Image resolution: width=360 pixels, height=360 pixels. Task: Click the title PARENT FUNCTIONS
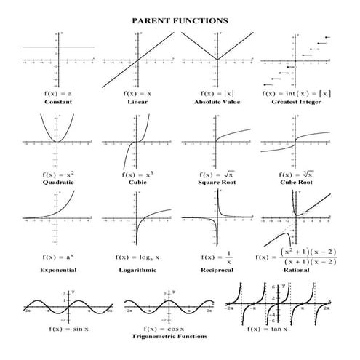click(x=180, y=20)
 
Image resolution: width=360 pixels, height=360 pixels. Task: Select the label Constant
click(x=57, y=103)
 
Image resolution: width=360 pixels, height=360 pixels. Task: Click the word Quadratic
click(x=57, y=183)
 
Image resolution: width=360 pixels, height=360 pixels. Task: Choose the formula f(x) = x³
click(x=137, y=175)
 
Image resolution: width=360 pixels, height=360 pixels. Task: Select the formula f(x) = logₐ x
click(x=137, y=257)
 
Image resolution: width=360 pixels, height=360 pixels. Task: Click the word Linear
click(x=137, y=103)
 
